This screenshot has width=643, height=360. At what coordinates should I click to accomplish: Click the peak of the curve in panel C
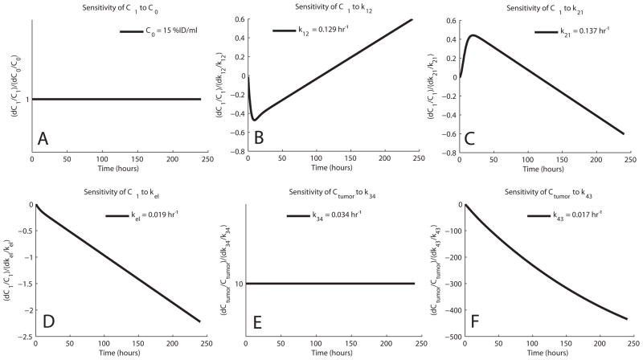pos(473,35)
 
